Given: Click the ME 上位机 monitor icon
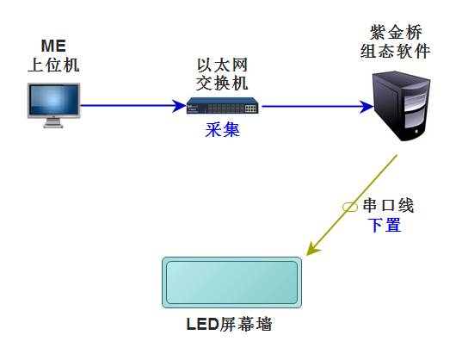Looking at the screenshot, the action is click(x=53, y=105).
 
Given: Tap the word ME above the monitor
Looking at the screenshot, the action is click(x=53, y=46).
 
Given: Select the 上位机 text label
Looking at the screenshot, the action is click(x=53, y=65).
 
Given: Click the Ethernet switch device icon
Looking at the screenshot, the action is click(x=223, y=106).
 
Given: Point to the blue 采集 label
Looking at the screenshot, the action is click(x=223, y=130).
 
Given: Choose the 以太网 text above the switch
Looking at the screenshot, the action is click(x=223, y=65).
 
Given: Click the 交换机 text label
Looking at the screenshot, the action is click(x=223, y=84).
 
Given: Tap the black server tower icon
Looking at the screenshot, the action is click(x=401, y=107).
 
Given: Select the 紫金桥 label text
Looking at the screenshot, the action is click(x=396, y=32).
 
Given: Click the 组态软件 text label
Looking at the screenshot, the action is click(x=395, y=51).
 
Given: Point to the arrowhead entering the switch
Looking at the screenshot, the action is click(x=179, y=106).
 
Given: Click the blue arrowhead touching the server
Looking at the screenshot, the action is click(x=367, y=107).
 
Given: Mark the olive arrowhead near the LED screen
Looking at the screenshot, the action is click(x=312, y=248).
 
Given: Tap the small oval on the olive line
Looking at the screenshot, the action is click(x=350, y=207).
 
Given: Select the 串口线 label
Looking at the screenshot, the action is click(x=388, y=206).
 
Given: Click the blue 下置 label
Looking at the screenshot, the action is click(x=385, y=226).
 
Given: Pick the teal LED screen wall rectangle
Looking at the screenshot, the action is click(x=232, y=282).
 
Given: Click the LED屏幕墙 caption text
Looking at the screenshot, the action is click(x=229, y=325).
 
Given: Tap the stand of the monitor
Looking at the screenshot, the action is click(x=53, y=123).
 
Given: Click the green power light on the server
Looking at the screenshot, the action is click(x=416, y=131).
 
